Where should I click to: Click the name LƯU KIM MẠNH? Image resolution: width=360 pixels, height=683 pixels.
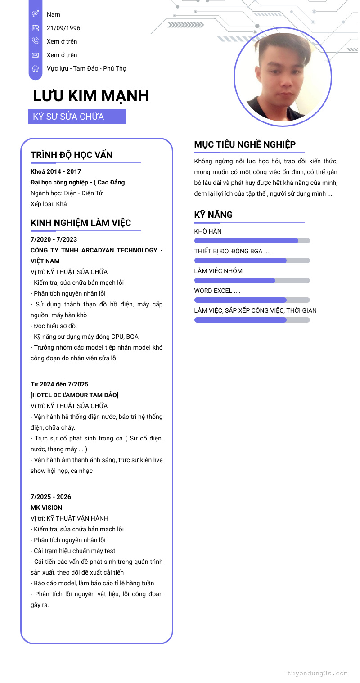coord(91,96)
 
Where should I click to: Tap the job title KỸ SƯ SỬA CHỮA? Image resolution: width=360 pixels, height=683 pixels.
coord(69,117)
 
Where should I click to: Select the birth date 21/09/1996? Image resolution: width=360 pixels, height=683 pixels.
coord(63,28)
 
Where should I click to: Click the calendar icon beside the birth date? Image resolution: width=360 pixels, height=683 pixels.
coord(35,28)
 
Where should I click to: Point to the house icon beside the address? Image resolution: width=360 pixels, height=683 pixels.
coord(35,68)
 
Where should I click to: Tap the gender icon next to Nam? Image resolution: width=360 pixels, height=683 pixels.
coord(35,14)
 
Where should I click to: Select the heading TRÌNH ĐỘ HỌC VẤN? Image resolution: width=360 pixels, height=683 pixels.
coord(72,155)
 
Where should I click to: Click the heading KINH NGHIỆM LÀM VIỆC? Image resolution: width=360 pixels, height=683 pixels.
coord(81,223)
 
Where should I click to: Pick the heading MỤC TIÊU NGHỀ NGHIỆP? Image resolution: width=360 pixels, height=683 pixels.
coord(245,144)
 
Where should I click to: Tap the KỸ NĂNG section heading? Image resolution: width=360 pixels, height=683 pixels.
coord(213,215)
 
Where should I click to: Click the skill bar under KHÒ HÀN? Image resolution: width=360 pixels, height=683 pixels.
coord(252,241)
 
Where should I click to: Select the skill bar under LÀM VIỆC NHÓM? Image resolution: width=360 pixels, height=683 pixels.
coord(252,280)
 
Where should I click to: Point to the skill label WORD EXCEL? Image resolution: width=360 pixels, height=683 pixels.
coord(217,291)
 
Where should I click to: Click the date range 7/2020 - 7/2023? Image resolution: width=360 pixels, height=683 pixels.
coord(54,239)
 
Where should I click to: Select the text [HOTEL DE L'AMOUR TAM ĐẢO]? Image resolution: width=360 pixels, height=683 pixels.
coord(75,395)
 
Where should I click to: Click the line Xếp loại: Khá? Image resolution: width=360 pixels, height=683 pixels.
coord(49,204)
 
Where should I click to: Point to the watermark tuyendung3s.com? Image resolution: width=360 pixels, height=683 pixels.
coord(318,674)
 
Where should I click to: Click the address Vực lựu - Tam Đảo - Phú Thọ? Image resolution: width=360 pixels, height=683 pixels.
coord(86,68)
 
